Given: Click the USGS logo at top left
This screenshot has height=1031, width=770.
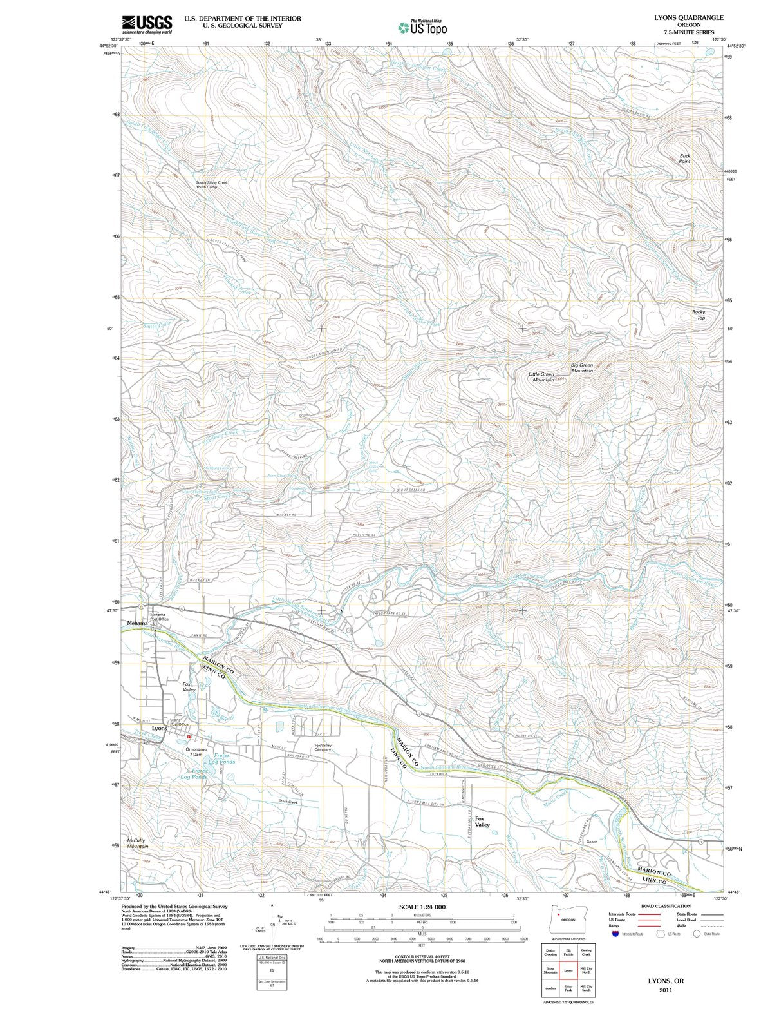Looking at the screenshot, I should [147, 24].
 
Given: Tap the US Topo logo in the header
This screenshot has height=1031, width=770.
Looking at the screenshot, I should [422, 27].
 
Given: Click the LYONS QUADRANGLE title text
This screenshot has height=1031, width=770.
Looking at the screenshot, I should [687, 17].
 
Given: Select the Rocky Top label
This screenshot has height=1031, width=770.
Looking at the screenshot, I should [699, 314].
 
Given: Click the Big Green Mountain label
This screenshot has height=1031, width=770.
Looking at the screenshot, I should [582, 368].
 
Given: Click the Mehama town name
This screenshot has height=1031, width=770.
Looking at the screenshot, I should [137, 623].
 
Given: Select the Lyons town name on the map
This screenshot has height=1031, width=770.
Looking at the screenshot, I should [158, 729].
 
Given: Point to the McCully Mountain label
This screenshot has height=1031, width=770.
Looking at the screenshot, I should [138, 843].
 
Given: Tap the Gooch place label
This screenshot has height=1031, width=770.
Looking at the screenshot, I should [592, 842].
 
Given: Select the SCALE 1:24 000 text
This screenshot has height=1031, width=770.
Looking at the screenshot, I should [422, 907].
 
